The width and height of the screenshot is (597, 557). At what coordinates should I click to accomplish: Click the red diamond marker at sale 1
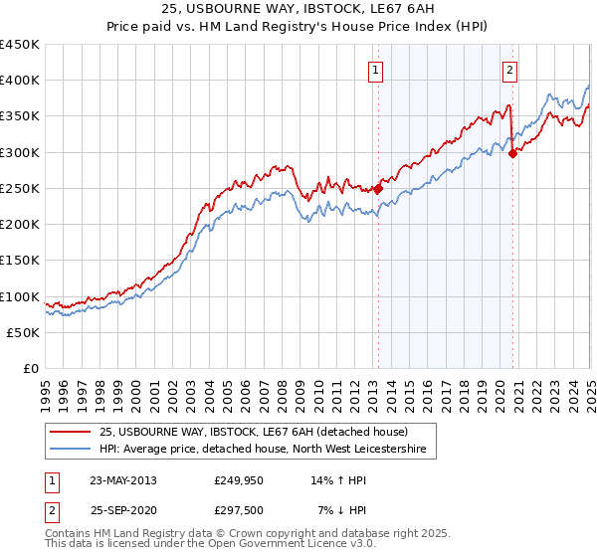click(x=378, y=188)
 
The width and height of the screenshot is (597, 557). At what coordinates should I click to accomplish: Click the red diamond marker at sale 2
click(x=512, y=153)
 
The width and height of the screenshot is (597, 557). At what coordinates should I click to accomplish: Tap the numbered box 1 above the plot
click(x=376, y=70)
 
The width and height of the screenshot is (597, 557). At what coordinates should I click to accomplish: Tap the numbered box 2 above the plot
click(x=509, y=70)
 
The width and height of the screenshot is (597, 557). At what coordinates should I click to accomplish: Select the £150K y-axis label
click(x=19, y=261)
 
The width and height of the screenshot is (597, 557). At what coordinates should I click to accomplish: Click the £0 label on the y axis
click(x=30, y=369)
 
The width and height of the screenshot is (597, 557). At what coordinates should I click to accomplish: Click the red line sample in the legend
click(x=71, y=431)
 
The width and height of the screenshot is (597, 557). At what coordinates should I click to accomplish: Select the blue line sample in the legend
click(x=71, y=450)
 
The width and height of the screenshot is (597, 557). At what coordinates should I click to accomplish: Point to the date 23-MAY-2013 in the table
click(x=122, y=479)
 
